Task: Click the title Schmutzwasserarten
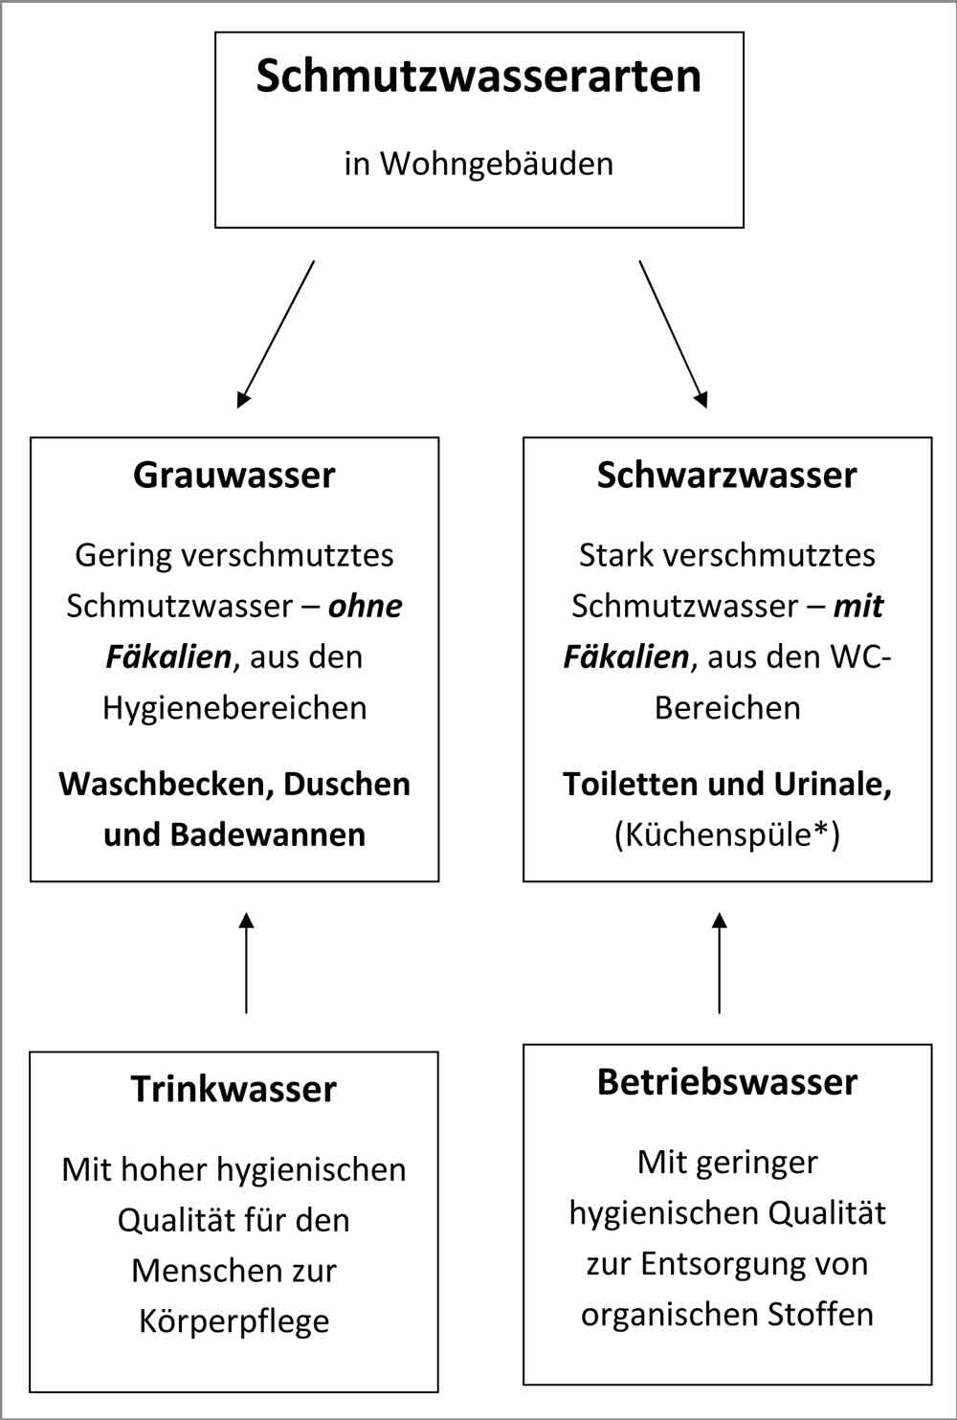coord(478,77)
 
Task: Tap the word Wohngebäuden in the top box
coord(497,165)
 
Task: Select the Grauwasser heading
coord(234,475)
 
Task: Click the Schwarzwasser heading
coord(726,475)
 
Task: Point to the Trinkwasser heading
coord(234,1089)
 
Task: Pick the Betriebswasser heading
coord(726,1081)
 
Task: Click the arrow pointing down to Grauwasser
coord(276,334)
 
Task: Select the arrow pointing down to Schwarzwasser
coord(673,334)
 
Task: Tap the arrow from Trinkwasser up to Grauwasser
coord(246,964)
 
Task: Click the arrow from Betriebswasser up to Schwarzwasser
coord(719,964)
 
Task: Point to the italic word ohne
coord(366,606)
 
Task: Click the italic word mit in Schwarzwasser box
coord(858,606)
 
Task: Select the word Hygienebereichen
coord(234,709)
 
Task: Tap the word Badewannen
coord(268,835)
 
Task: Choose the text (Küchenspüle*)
coord(726,835)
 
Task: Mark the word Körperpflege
coord(234,1322)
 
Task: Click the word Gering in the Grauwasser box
coord(123,556)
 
